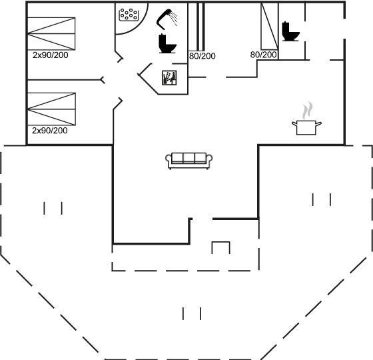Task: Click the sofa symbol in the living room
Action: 189,161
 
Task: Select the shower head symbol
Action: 167,19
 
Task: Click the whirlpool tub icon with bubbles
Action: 129,15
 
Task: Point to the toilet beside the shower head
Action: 167,43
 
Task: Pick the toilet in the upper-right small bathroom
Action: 290,31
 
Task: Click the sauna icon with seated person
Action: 169,77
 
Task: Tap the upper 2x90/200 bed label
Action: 51,55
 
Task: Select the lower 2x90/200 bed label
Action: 50,131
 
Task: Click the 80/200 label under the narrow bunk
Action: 202,56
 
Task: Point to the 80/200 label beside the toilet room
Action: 263,55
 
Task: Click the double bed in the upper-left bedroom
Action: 51,33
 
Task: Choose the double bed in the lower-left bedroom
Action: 52,109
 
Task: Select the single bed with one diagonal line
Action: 270,26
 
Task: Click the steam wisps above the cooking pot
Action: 307,111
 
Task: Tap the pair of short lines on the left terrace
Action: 53,208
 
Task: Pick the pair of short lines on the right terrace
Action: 322,199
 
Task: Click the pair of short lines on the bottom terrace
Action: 192,313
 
